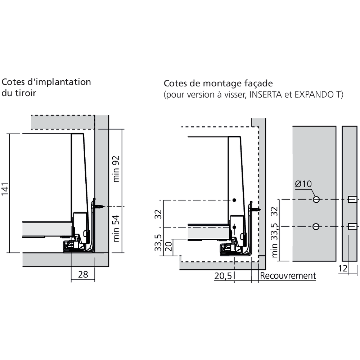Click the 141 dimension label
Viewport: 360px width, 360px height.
pos(5,189)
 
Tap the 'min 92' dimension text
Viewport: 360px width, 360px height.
pos(116,169)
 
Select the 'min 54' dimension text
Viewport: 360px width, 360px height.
pos(116,229)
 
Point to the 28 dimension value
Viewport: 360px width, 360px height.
pos(83,274)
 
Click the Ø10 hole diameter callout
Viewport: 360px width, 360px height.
pos(303,184)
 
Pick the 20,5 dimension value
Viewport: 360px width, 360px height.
pos(223,276)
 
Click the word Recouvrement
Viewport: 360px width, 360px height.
pos(288,275)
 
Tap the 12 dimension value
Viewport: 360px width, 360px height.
pos(343,269)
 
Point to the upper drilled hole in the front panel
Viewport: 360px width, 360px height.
pos(316,199)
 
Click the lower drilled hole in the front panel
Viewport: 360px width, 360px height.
pos(316,226)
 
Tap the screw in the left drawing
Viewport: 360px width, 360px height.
pos(98,207)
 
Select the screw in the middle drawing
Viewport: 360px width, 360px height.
pos(255,209)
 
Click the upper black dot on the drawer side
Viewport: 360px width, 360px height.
pos(234,200)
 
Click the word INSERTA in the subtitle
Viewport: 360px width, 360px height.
pos(265,95)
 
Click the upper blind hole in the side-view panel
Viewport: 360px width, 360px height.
pos(352,199)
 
